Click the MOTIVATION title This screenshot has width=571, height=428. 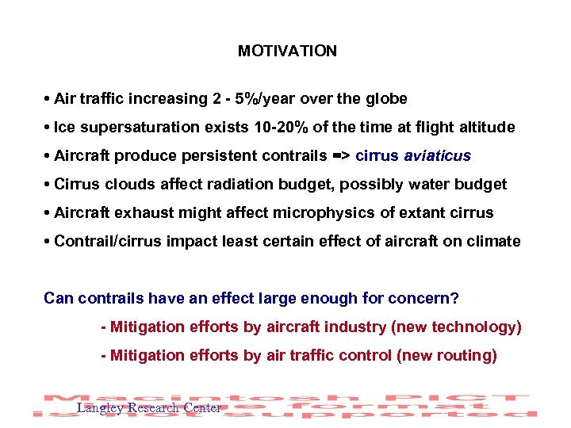[287, 52]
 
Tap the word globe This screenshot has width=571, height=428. [384, 99]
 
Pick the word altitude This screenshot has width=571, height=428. [485, 128]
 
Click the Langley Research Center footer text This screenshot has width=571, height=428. [148, 408]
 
